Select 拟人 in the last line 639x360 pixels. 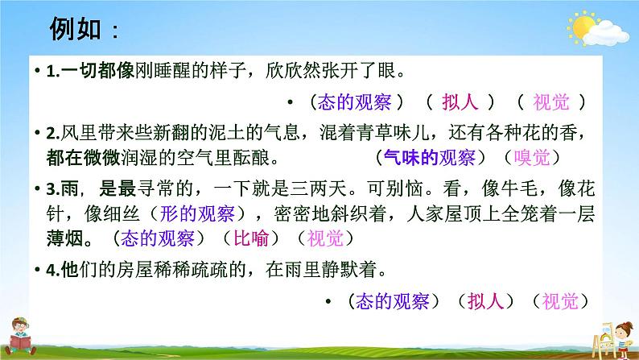[x=489, y=301]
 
